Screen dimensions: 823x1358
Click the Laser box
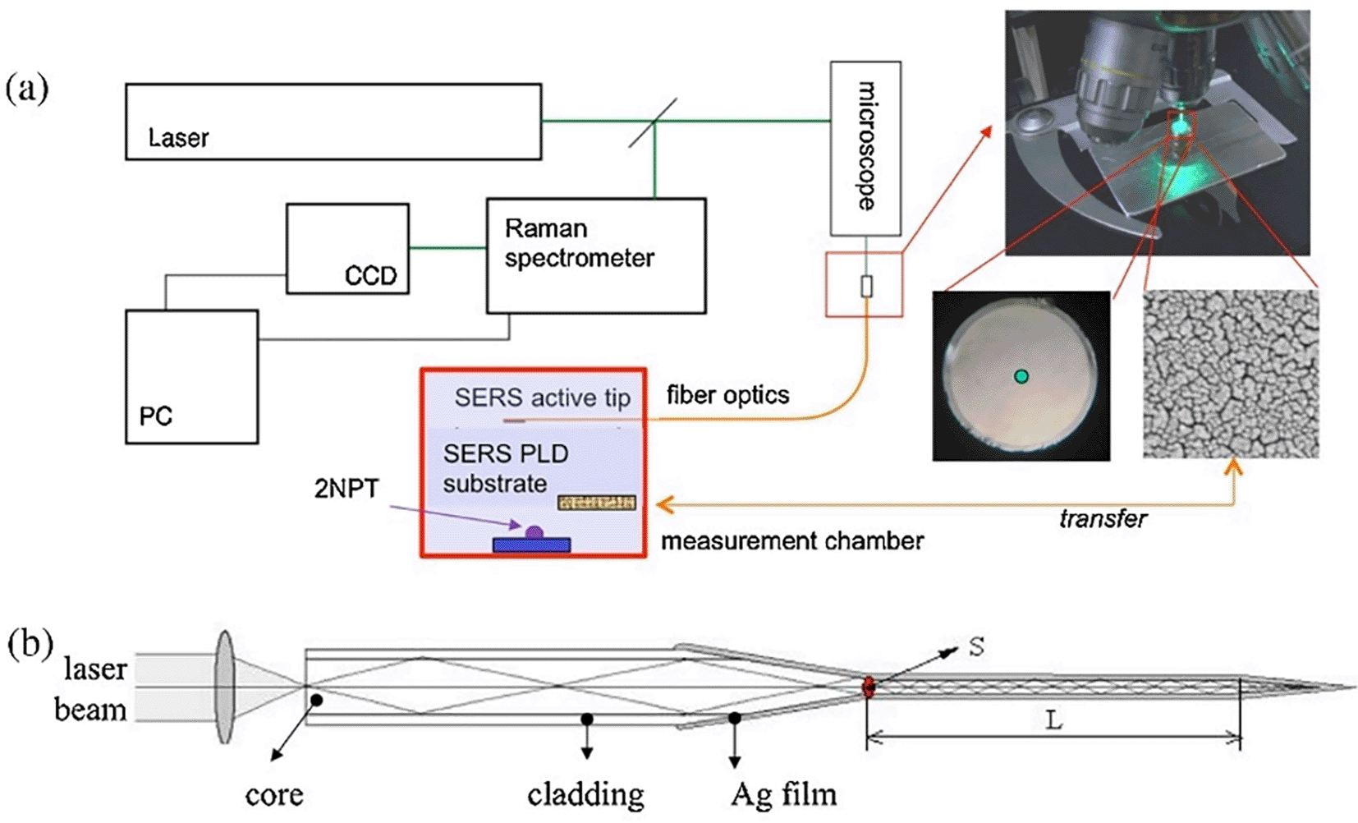pos(333,122)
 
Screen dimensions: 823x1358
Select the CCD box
pos(347,249)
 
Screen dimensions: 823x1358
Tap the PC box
pos(191,377)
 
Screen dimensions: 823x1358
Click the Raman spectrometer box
pos(595,255)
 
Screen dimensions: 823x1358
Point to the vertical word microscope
pos(865,146)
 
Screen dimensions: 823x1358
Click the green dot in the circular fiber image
pos(1021,376)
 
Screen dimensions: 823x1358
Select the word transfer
pos(1103,519)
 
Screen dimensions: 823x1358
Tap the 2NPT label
pos(346,489)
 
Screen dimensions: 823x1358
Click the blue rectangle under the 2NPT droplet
pos(531,545)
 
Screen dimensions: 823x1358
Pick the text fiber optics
pos(727,395)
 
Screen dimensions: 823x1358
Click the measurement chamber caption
pos(792,540)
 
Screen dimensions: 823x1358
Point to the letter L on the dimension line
pos(1053,721)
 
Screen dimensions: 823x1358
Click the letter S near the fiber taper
pos(975,647)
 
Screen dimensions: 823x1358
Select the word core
pos(274,795)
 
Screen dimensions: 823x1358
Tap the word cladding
pos(585,795)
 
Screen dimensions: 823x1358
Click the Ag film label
pos(783,794)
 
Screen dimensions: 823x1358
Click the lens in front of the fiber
pos(224,687)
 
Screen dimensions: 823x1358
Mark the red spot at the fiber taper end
pos(868,687)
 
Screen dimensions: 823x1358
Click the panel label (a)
pos(27,87)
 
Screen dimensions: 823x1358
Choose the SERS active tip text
pos(542,398)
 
